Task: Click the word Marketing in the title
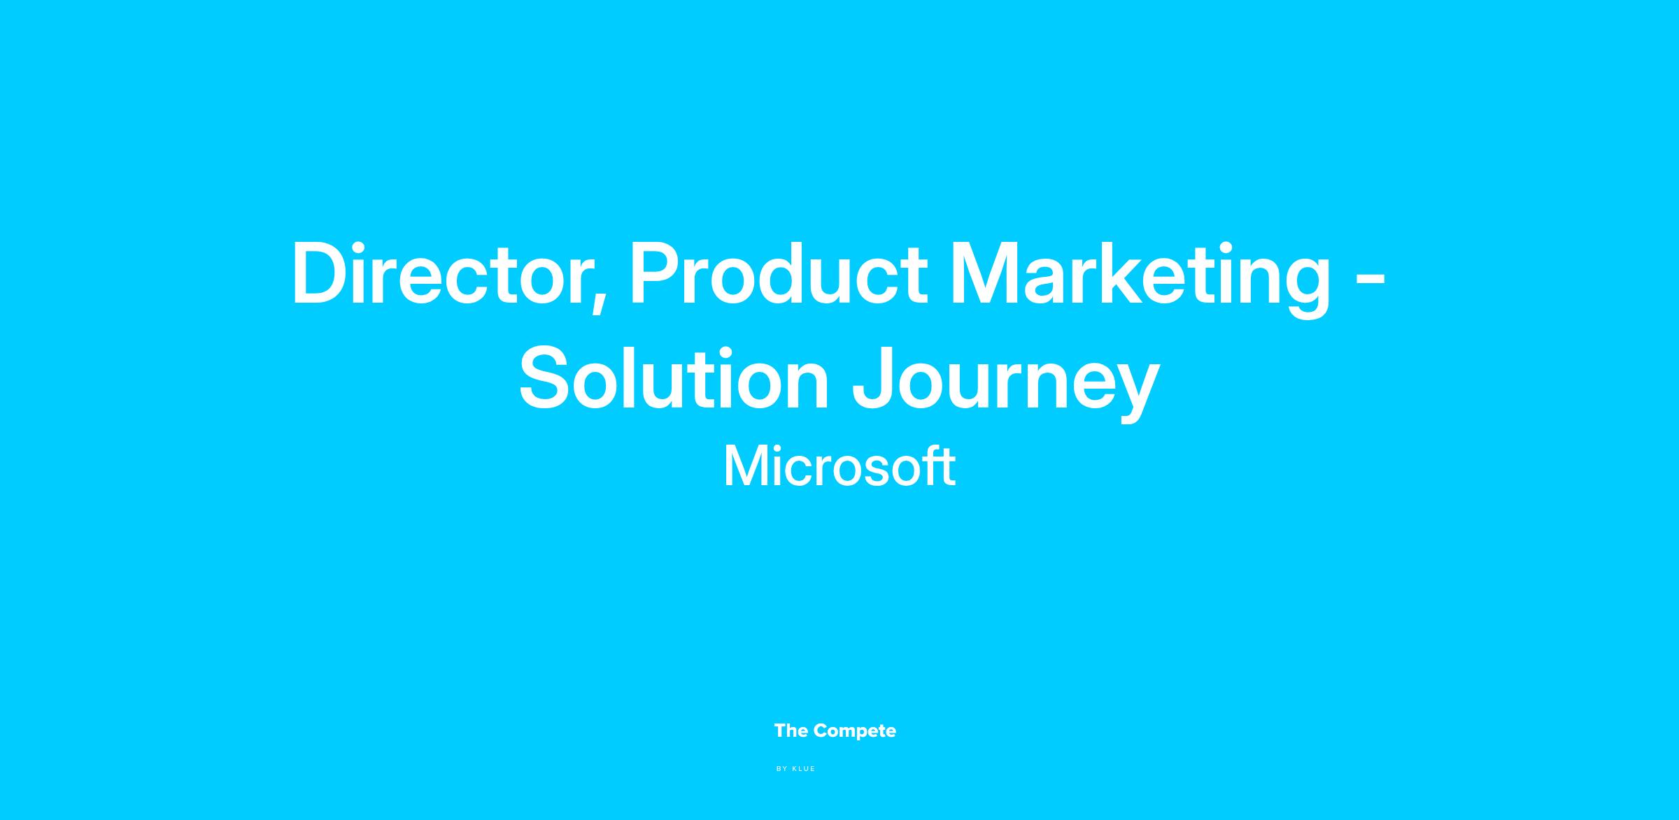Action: pos(1140,278)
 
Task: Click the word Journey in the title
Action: pos(1005,383)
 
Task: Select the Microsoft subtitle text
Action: pos(839,466)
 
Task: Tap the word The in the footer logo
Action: pos(791,731)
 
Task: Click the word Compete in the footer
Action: pos(855,732)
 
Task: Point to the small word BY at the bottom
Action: pos(782,769)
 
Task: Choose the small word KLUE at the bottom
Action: pos(804,769)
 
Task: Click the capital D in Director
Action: pos(321,273)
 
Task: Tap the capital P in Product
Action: pos(656,273)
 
